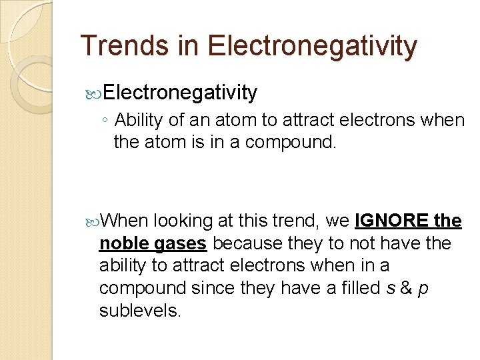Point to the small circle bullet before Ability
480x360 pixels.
point(106,121)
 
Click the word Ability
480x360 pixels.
point(136,121)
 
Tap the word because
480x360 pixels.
point(249,243)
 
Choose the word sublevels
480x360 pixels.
point(140,310)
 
